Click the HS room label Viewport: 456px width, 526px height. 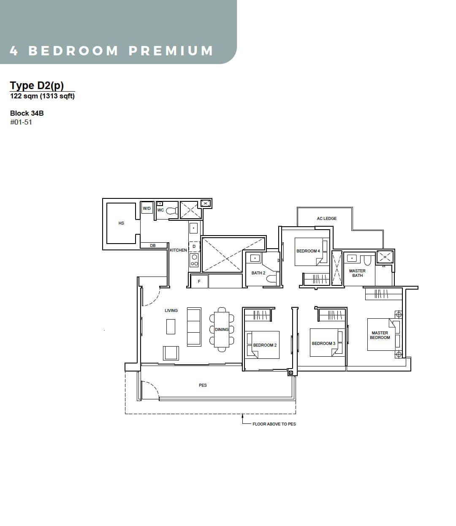[x=121, y=223]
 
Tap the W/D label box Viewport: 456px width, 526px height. [x=147, y=208]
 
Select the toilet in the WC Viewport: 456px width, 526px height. [x=172, y=211]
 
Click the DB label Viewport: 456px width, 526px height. [x=153, y=246]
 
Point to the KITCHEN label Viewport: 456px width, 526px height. [x=178, y=250]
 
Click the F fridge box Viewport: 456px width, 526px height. [x=199, y=281]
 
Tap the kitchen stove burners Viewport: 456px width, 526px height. [x=194, y=260]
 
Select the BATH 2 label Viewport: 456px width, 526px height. [x=258, y=273]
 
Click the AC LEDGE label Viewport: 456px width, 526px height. [x=327, y=218]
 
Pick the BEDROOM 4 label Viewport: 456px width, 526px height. [x=308, y=251]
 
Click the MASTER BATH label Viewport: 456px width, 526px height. [x=357, y=273]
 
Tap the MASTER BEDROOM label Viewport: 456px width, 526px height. [x=380, y=335]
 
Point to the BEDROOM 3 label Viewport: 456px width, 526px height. [x=324, y=343]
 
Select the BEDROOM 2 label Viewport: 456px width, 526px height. [x=265, y=345]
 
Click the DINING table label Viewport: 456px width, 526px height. [x=222, y=330]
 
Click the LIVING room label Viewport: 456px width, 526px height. [x=171, y=310]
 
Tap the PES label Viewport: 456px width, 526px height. [x=203, y=385]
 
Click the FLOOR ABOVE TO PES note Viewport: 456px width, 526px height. [x=274, y=424]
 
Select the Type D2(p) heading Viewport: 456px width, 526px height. [x=37, y=86]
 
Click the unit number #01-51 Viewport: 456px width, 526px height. [x=21, y=122]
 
